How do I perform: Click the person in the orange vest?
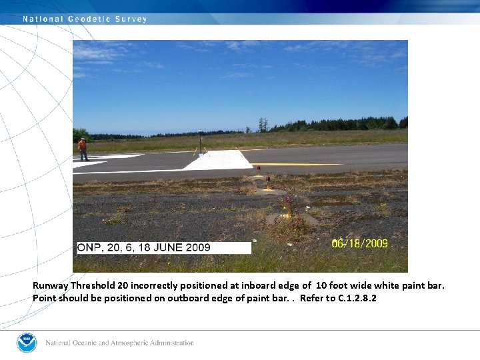tap(83, 149)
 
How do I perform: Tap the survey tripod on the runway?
tap(201, 145)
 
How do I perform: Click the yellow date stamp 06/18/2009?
tap(359, 243)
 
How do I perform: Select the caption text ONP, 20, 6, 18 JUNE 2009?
tap(144, 247)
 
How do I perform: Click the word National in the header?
tap(43, 19)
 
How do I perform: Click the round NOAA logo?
tap(27, 343)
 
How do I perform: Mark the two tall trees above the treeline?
tap(263, 125)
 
